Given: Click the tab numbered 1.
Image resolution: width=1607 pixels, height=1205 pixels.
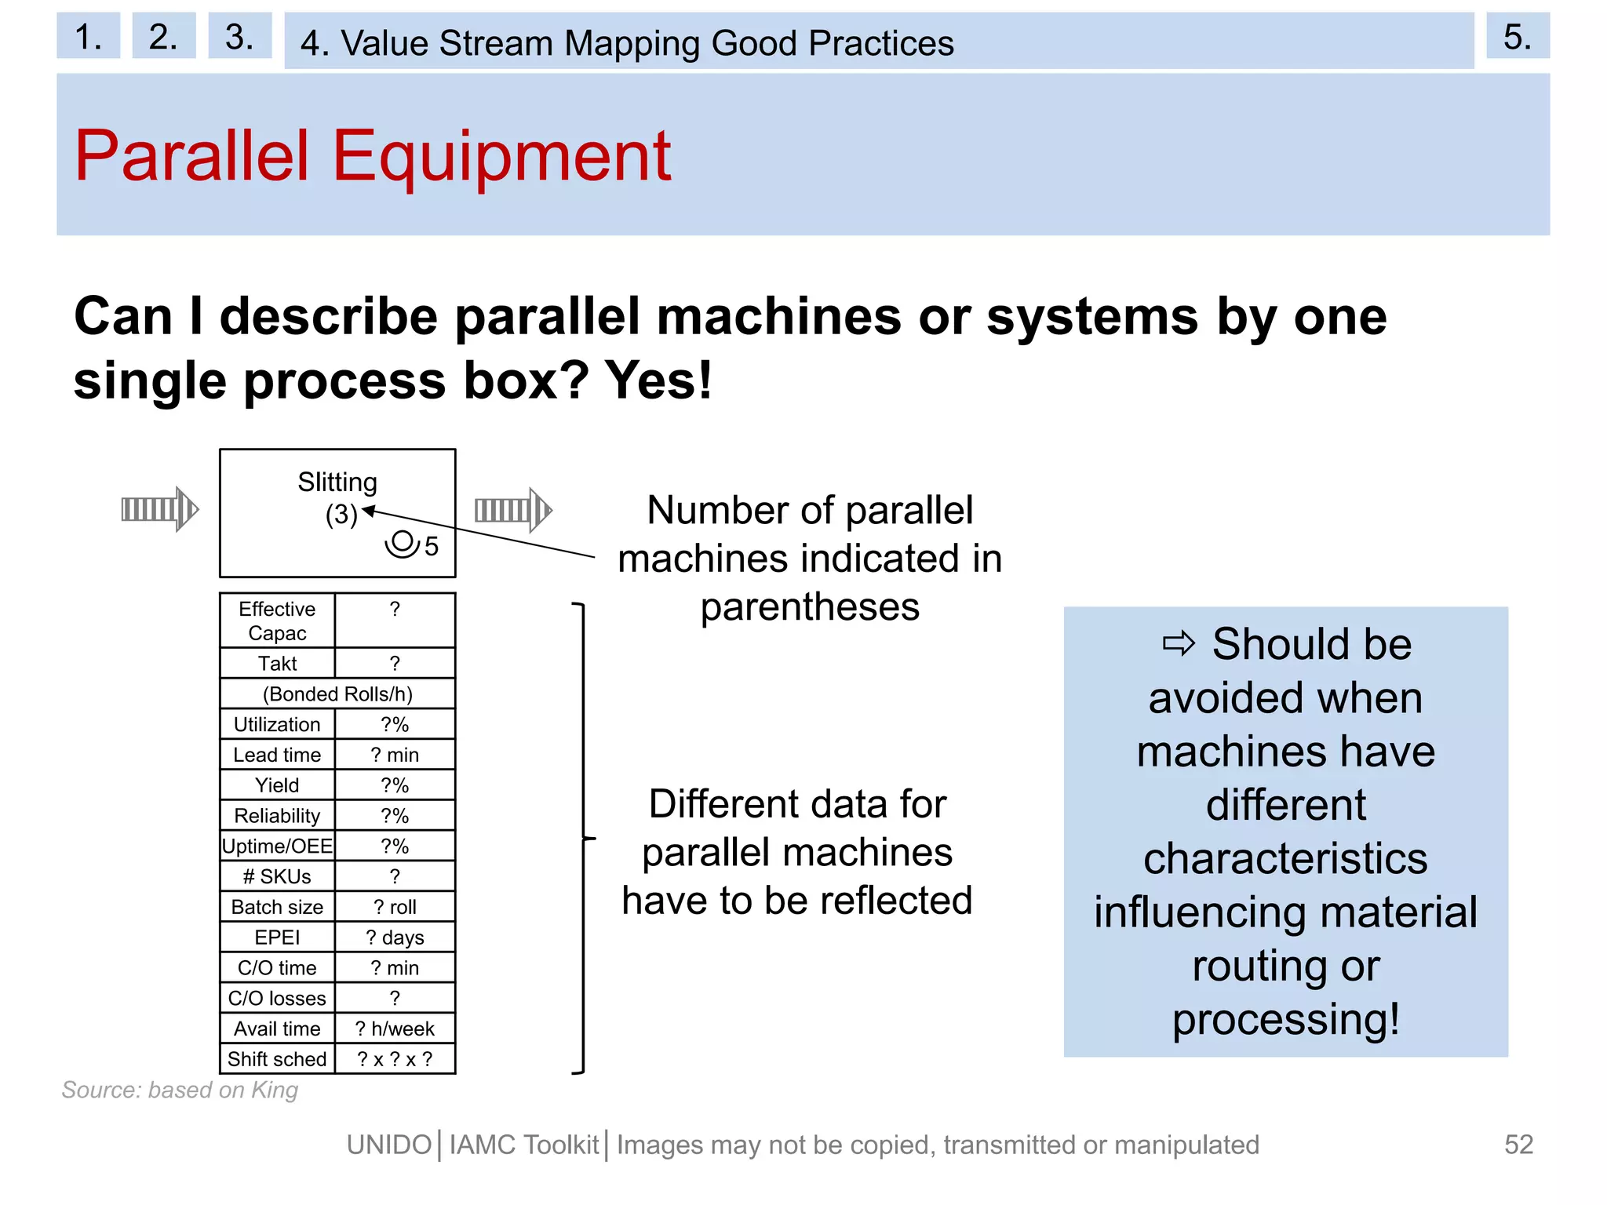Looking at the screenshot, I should click(x=88, y=36).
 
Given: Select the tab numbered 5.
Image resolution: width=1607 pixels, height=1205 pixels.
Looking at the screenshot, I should click(x=1517, y=36).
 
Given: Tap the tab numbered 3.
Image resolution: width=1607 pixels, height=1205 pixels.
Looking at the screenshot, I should click(x=239, y=36).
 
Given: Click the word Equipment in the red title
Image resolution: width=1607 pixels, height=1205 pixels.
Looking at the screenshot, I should click(x=502, y=157).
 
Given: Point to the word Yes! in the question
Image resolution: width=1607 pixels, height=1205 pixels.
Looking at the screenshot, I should click(x=658, y=380).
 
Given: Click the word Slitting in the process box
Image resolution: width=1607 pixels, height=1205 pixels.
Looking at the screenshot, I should click(x=337, y=482).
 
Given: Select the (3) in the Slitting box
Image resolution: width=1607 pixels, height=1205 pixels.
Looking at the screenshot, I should click(x=341, y=515).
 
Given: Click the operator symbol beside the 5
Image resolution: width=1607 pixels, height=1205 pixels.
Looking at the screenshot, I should click(x=402, y=544).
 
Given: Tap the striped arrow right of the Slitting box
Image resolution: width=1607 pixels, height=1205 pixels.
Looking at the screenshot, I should click(x=513, y=509).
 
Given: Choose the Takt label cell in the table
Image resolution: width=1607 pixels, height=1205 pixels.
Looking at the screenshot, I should click(x=277, y=664).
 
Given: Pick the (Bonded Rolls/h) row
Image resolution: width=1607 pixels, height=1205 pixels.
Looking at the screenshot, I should click(x=337, y=694).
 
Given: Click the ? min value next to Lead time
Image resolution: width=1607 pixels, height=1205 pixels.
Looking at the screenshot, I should click(x=395, y=755).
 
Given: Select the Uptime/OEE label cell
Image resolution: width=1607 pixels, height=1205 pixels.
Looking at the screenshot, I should click(x=277, y=846).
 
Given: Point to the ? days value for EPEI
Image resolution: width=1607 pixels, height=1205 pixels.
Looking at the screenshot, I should click(x=395, y=937).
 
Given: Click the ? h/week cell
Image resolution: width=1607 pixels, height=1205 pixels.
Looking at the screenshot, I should click(x=395, y=1028).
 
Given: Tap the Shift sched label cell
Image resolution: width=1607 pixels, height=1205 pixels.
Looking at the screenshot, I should click(x=277, y=1059).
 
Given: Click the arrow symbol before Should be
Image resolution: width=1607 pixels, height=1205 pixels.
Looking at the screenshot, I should click(x=1178, y=644).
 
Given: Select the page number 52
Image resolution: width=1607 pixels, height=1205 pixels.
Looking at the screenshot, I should click(x=1518, y=1145).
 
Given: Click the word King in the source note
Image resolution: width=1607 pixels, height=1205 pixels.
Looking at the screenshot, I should click(x=275, y=1090).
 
